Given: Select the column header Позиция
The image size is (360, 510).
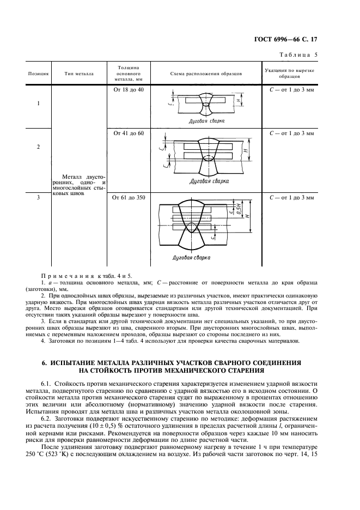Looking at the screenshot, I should click(x=38, y=73).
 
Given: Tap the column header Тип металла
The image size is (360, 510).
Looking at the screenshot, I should click(x=78, y=73).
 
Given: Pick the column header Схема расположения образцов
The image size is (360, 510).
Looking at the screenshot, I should click(x=206, y=73).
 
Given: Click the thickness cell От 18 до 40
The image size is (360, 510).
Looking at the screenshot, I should click(x=128, y=89).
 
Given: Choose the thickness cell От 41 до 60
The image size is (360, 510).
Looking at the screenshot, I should click(x=128, y=133).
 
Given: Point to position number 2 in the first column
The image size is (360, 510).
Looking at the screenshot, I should click(x=38, y=147).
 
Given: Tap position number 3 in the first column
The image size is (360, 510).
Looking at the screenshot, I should click(x=38, y=198).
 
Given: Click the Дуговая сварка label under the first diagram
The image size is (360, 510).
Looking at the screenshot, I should click(x=206, y=121).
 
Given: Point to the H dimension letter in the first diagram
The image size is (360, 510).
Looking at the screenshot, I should click(x=239, y=101).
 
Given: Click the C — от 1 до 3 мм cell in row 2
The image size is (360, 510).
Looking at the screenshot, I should click(x=292, y=133).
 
